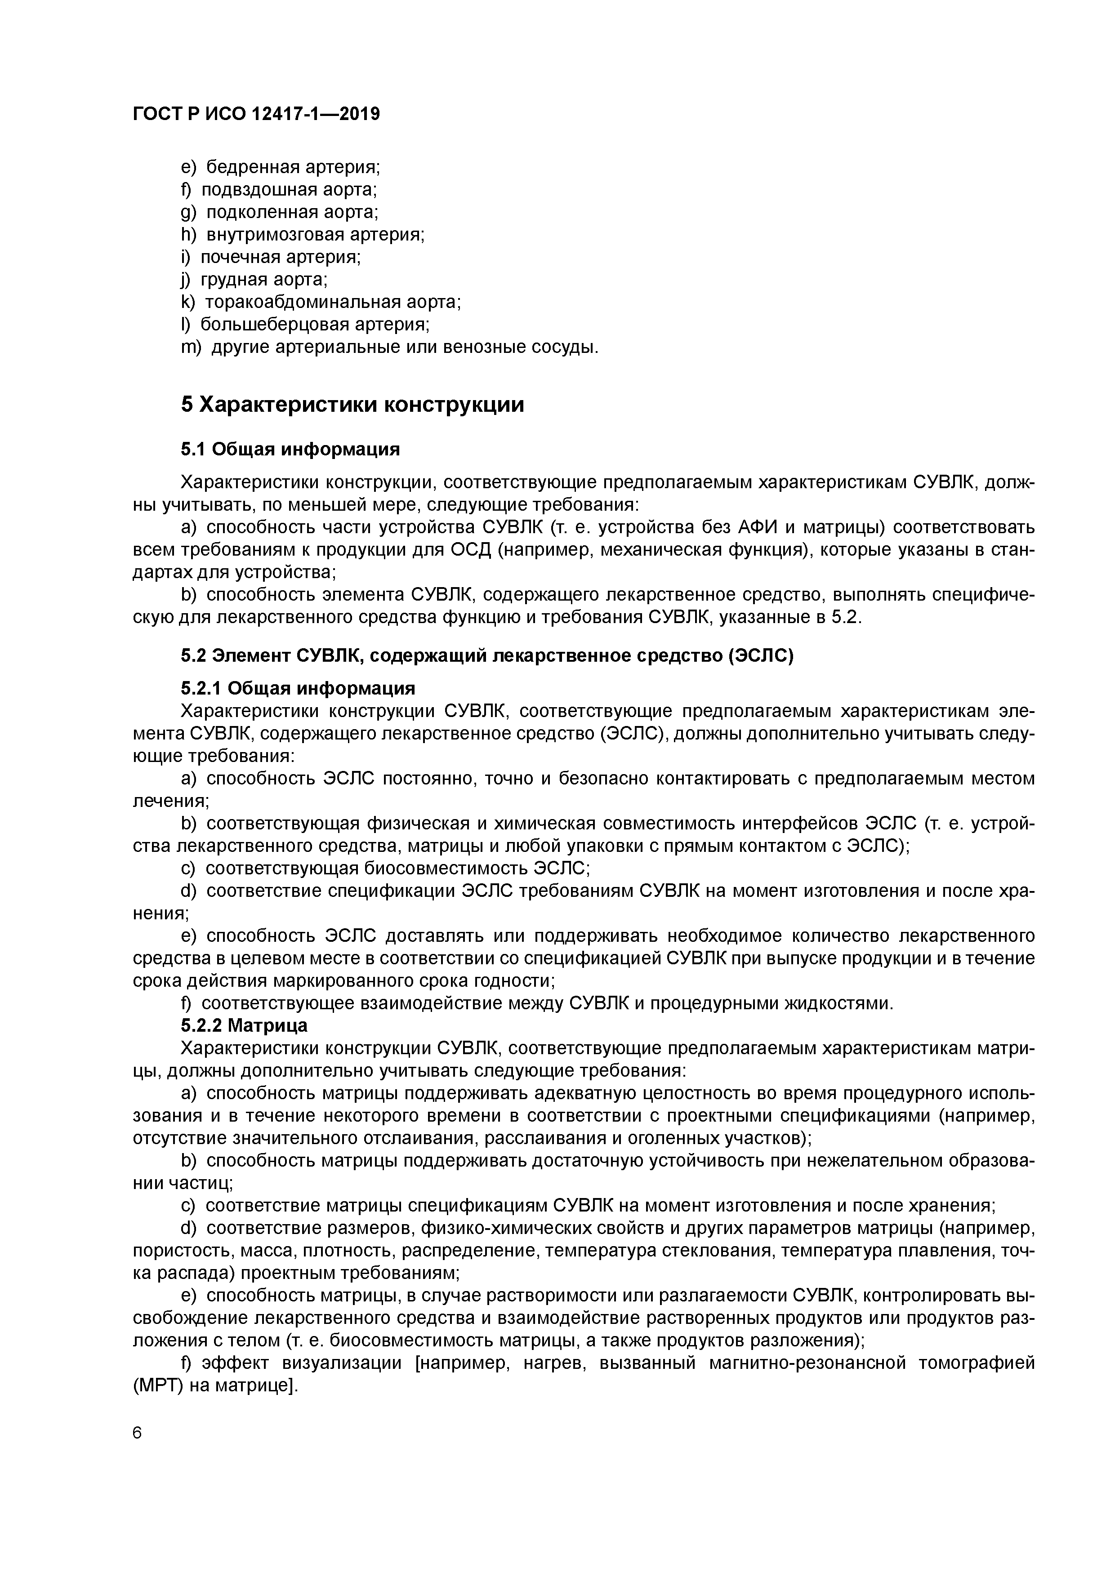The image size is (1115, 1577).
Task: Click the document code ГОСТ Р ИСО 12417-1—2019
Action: (255, 114)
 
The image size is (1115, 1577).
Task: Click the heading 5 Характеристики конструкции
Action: (352, 405)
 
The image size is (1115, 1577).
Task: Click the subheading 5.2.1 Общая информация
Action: (298, 688)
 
